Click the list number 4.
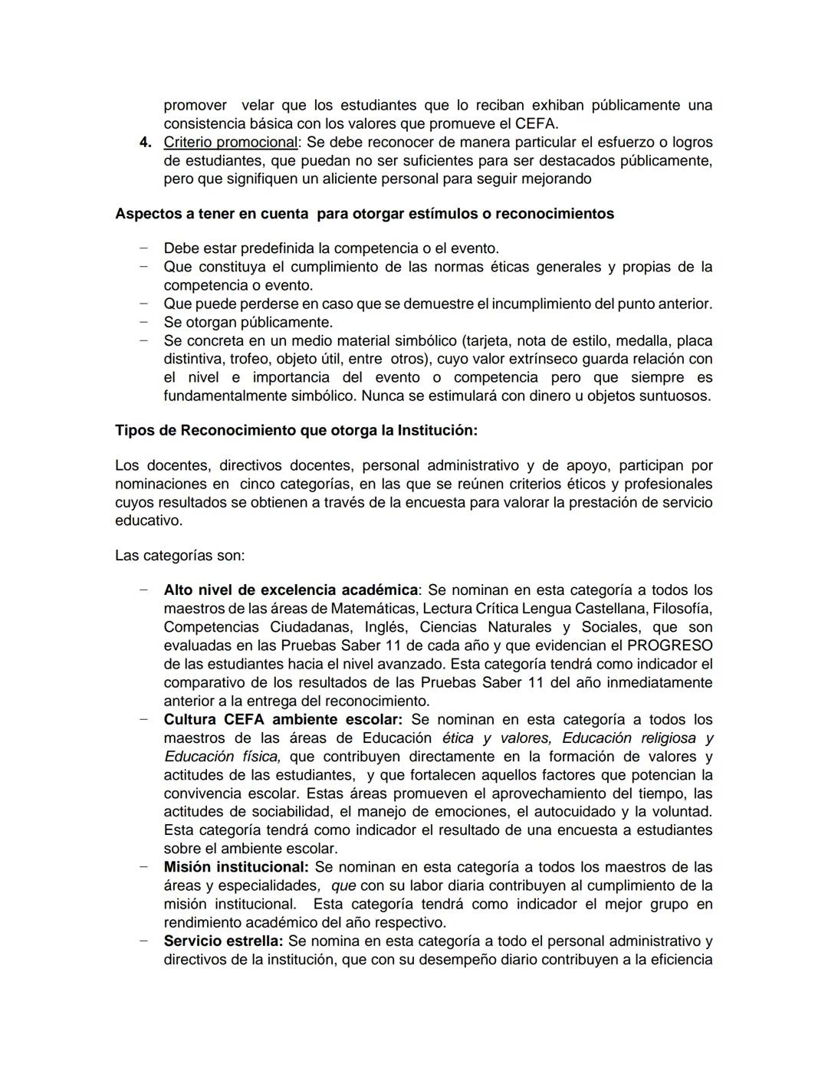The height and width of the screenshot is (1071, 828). (x=145, y=143)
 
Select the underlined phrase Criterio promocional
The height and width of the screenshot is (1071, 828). (x=230, y=143)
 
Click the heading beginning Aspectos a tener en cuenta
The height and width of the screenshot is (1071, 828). (x=364, y=214)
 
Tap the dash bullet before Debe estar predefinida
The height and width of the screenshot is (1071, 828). (x=143, y=248)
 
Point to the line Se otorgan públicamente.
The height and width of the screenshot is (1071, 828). (x=248, y=323)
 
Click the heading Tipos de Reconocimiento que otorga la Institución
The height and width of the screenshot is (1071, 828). (x=296, y=431)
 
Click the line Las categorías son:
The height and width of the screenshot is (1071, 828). (x=179, y=555)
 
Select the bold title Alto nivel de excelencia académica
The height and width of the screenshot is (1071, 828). (x=291, y=590)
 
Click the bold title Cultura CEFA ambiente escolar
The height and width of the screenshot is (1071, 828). (x=282, y=720)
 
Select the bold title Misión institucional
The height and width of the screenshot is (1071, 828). (x=235, y=867)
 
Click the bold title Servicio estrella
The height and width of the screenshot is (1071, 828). (x=223, y=941)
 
